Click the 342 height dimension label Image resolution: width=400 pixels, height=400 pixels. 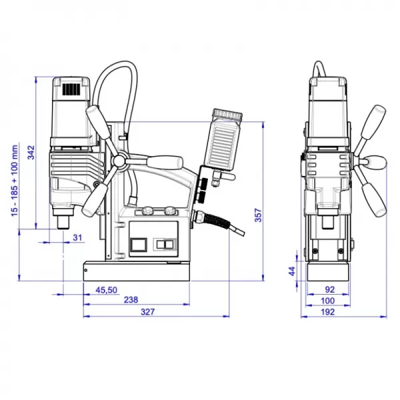point(31,152)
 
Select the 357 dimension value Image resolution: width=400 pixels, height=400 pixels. point(259,215)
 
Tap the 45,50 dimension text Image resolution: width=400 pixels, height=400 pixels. point(107,290)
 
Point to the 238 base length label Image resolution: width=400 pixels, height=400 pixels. point(131,300)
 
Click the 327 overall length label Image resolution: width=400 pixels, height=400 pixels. point(148,312)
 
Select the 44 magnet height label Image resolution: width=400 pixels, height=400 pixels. point(292,271)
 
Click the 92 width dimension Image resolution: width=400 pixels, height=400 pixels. point(330,289)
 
